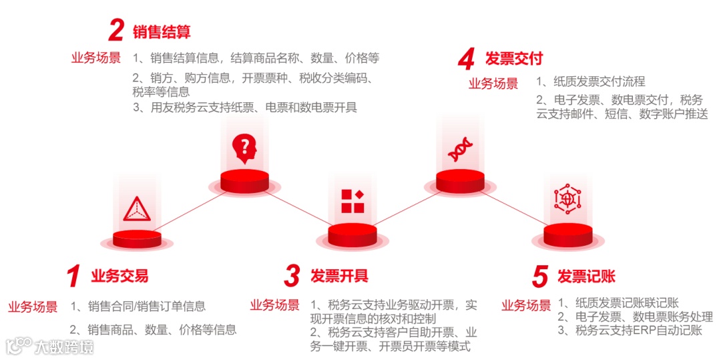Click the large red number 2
[x=117, y=30]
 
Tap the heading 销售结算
[x=162, y=31]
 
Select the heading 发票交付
[x=514, y=59]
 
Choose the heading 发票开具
[x=339, y=276]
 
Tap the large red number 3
[x=292, y=276]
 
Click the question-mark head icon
[x=244, y=149]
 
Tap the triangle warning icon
[x=136, y=208]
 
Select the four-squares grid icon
[x=352, y=201]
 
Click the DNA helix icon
[x=459, y=150]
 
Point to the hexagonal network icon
[x=567, y=200]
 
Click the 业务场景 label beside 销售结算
[x=96, y=58]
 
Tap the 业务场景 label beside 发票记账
[x=526, y=306]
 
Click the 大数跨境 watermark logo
[x=50, y=346]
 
